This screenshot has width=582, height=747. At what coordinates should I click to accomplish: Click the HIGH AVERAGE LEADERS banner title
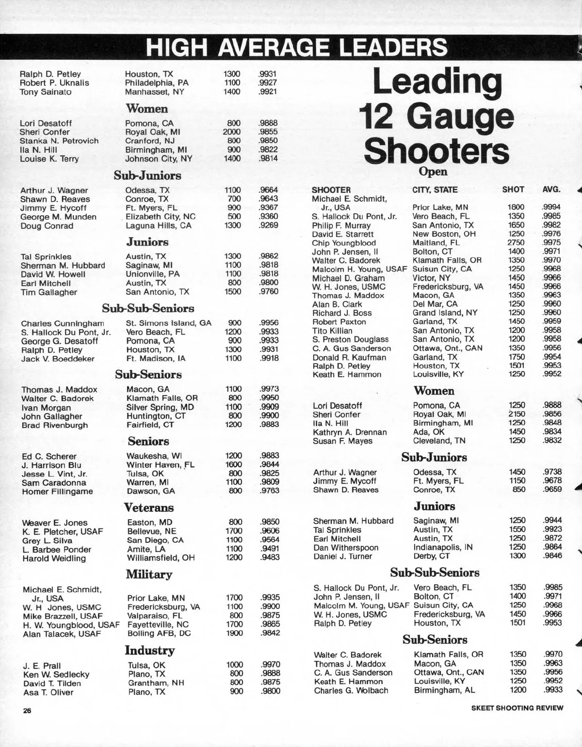pyautogui.click(x=296, y=48)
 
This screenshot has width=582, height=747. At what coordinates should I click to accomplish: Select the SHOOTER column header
pyautogui.click(x=331, y=190)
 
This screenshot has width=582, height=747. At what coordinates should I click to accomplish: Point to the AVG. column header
pyautogui.click(x=551, y=190)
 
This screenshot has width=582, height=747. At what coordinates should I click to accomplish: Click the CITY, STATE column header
pyautogui.click(x=435, y=190)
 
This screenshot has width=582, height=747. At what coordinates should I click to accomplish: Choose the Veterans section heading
pyautogui.click(x=148, y=508)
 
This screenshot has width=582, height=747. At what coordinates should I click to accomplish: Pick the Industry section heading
pyautogui.click(x=149, y=650)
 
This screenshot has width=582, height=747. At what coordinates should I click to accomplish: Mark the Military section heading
pyautogui.click(x=149, y=574)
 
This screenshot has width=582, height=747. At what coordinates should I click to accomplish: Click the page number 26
pyautogui.click(x=27, y=711)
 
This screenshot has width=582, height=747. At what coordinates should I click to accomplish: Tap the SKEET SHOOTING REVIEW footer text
pyautogui.click(x=517, y=708)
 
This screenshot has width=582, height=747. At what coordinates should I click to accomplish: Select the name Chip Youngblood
pyautogui.click(x=343, y=243)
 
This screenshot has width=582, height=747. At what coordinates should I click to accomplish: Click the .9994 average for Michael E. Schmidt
pyautogui.click(x=551, y=207)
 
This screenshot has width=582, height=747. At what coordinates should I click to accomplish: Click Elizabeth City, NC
pyautogui.click(x=161, y=217)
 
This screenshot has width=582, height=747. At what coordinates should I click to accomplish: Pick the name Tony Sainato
pyautogui.click(x=46, y=92)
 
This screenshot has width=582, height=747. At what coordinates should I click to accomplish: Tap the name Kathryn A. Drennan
pyautogui.click(x=350, y=432)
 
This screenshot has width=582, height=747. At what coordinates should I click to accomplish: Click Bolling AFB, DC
pyautogui.click(x=159, y=634)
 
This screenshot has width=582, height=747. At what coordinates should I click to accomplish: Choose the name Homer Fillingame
pyautogui.click(x=57, y=492)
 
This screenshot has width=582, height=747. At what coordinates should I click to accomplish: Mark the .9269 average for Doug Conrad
pyautogui.click(x=268, y=225)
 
